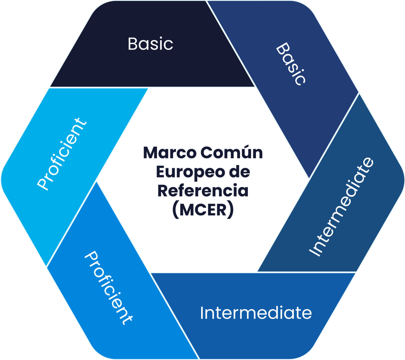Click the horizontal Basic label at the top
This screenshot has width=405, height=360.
click(x=150, y=44)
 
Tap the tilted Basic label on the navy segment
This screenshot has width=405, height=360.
click(x=291, y=64)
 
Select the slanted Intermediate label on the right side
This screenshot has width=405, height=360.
click(x=341, y=207)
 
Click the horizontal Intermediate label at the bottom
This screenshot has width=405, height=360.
click(x=256, y=313)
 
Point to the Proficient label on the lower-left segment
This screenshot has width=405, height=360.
click(x=108, y=288)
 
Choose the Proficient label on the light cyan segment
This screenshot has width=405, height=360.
click(x=62, y=153)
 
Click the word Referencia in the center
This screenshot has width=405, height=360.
click(x=203, y=191)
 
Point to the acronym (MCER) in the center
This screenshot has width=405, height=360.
click(x=203, y=210)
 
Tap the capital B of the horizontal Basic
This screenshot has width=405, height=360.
click(x=133, y=44)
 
